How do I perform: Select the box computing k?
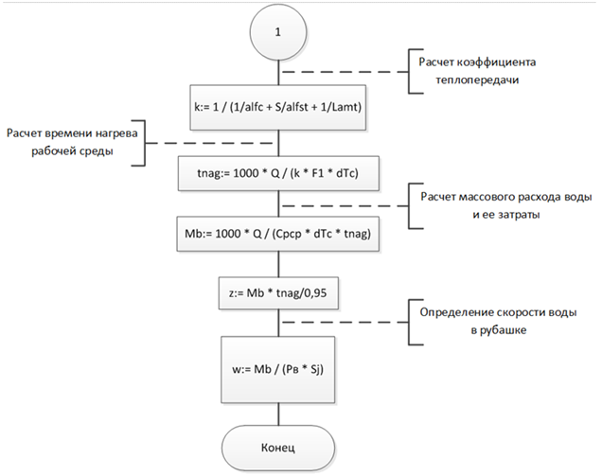pyautogui.click(x=278, y=107)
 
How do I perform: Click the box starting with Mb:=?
pyautogui.click(x=278, y=236)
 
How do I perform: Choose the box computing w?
pyautogui.click(x=278, y=361)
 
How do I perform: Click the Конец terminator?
pyautogui.click(x=278, y=442)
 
